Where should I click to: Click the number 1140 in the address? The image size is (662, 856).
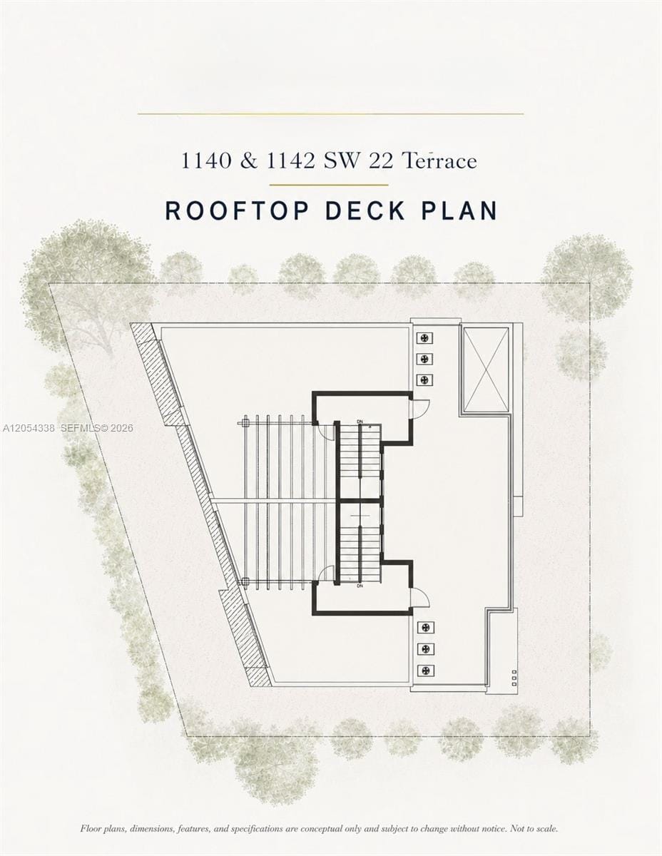point(205,161)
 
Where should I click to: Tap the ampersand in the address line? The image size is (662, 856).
point(249,161)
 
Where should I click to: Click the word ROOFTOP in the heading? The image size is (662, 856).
point(237,210)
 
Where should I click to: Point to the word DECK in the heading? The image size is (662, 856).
point(365,210)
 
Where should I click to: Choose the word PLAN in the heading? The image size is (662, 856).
point(459,210)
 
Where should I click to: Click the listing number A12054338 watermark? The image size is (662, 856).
point(29,428)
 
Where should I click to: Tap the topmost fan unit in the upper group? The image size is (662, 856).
point(424,338)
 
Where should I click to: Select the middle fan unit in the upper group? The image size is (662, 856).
point(424,359)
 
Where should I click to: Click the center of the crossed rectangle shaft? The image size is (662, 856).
point(486,370)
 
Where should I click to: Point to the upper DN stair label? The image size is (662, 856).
point(360,422)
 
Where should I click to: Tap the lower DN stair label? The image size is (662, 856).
point(360,586)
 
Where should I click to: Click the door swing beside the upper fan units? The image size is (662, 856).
point(419,409)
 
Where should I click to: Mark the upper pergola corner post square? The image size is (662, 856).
point(245,424)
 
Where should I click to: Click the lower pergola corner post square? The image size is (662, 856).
point(245,581)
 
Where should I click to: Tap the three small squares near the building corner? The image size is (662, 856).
point(514,678)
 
